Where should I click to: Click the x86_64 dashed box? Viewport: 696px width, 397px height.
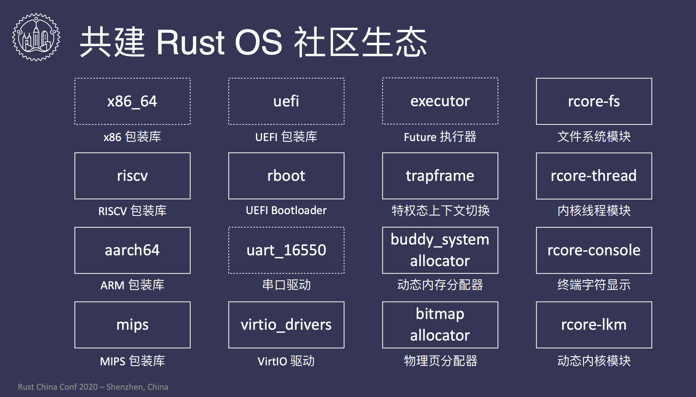click(132, 101)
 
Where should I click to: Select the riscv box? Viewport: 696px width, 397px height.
click(132, 176)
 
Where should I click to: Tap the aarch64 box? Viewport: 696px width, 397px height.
click(132, 250)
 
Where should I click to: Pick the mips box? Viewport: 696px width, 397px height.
click(132, 325)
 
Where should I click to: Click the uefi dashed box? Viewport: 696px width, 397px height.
click(286, 101)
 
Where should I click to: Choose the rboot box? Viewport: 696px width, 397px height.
click(286, 176)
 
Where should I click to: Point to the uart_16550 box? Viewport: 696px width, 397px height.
click(286, 250)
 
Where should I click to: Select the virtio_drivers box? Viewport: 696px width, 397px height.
click(286, 325)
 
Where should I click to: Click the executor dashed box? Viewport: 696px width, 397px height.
click(440, 101)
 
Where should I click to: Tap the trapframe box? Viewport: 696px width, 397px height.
click(440, 176)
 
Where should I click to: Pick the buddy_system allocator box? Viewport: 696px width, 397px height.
click(440, 250)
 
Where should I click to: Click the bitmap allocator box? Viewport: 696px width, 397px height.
click(440, 325)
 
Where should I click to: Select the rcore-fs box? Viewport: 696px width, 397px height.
click(594, 101)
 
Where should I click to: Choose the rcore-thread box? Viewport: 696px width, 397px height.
click(594, 176)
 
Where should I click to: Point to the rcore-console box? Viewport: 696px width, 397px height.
click(594, 250)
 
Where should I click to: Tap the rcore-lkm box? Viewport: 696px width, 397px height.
click(594, 325)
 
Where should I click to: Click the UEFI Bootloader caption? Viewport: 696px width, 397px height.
click(286, 211)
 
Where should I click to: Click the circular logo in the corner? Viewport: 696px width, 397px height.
click(36, 37)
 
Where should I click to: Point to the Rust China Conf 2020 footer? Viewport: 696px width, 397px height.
click(93, 387)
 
